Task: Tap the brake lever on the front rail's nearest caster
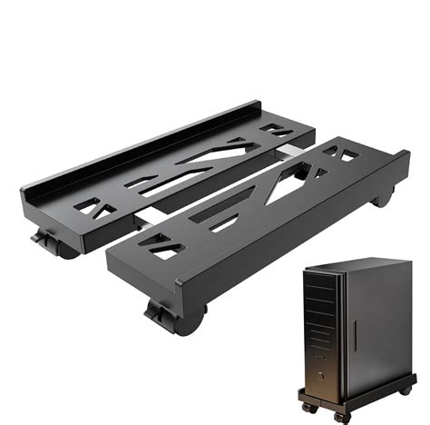(x=157, y=313)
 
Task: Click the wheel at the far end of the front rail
(x=384, y=196)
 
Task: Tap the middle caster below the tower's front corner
(x=342, y=417)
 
